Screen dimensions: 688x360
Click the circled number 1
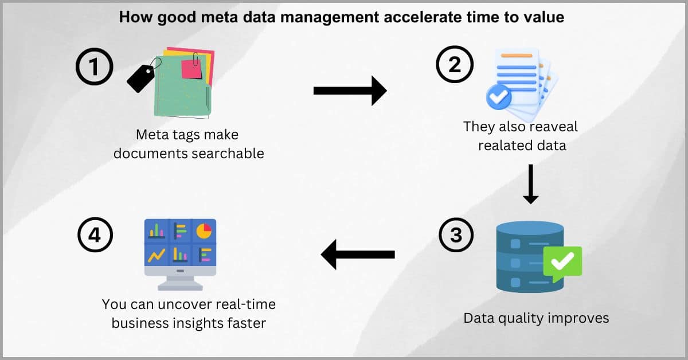point(94,66)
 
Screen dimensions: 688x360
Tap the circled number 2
point(455,64)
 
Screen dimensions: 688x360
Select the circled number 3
point(456,235)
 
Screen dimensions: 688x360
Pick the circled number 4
point(95,235)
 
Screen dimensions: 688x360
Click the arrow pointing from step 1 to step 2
point(350,91)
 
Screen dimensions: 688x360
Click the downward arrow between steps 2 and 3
point(530,185)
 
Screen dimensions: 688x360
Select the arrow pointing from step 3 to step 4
point(358,255)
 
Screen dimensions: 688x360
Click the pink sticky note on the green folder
point(191,69)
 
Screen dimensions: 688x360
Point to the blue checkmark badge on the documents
point(498,97)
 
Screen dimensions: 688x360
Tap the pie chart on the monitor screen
point(204,231)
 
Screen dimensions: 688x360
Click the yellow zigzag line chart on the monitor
point(157,255)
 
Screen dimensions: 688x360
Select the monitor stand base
point(180,287)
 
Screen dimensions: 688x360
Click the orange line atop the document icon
point(517,56)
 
